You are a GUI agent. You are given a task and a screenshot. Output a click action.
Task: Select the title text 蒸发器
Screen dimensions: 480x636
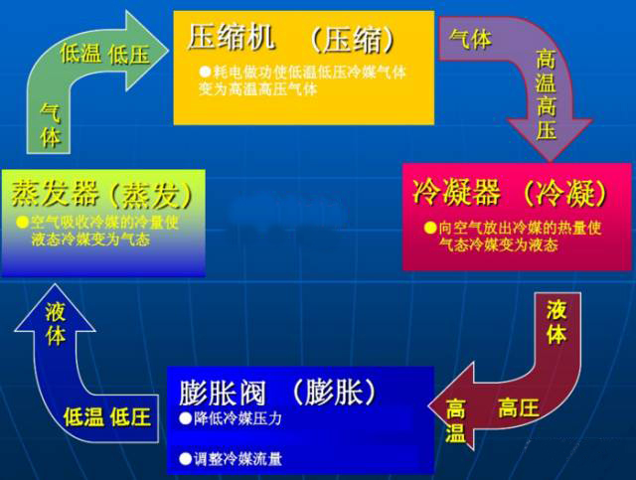coord(51,190)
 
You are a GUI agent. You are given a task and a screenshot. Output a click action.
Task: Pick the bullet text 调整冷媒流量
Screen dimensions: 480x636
coord(238,458)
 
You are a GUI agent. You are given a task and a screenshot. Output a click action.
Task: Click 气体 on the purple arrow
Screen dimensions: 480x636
coord(470,39)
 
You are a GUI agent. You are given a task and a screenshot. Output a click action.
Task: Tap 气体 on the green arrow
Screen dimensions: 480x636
coord(50,125)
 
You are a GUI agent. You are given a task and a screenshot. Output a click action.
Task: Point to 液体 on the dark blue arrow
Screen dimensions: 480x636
coord(56,324)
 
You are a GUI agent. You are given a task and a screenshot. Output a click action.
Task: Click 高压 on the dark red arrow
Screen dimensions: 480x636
coord(519,406)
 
